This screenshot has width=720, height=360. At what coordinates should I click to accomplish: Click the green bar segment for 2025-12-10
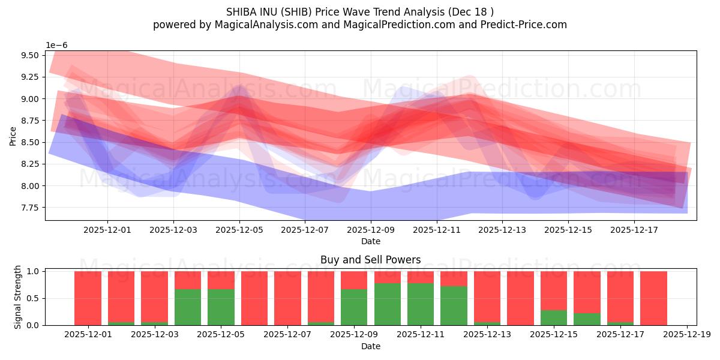(x=388, y=304)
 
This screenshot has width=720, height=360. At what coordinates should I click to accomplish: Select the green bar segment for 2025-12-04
(x=188, y=307)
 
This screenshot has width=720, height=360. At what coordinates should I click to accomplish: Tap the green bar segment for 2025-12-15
(x=553, y=317)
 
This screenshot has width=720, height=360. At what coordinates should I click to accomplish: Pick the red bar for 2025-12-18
(x=653, y=298)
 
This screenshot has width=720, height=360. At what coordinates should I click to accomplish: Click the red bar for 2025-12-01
(x=88, y=298)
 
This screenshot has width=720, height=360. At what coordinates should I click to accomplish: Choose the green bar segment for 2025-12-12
(x=454, y=305)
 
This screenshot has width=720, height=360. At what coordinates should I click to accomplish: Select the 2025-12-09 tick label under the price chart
(x=371, y=229)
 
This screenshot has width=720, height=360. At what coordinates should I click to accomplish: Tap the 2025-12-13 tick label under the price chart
(x=502, y=229)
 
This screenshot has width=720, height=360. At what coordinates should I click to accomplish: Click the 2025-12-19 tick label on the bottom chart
(x=686, y=334)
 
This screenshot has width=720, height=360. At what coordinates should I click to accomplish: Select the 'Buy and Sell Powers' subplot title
(x=370, y=260)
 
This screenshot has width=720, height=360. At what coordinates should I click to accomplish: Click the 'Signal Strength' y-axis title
(x=18, y=296)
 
